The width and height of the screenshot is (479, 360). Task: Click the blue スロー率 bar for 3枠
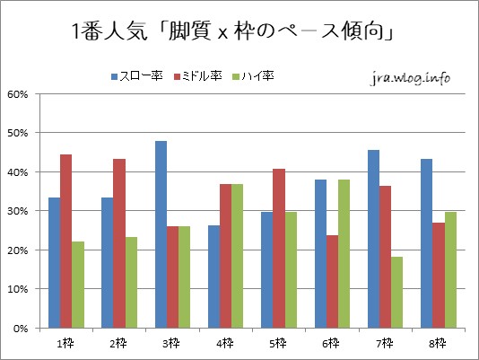pyautogui.click(x=161, y=234)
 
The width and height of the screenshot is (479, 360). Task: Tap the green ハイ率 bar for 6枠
pyautogui.click(x=344, y=253)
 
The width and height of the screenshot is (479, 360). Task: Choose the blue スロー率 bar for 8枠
pyautogui.click(x=427, y=243)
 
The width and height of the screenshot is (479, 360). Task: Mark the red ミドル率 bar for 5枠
pyautogui.click(x=279, y=248)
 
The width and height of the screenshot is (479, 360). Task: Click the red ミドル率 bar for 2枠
pyautogui.click(x=119, y=243)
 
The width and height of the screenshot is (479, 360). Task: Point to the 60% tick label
pyautogui.click(x=18, y=93)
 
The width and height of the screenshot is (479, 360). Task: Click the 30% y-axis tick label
pyautogui.click(x=18, y=211)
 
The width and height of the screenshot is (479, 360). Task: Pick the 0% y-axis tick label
pyautogui.click(x=21, y=329)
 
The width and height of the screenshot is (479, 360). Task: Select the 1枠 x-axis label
pyautogui.click(x=65, y=343)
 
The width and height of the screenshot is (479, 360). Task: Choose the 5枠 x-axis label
pyautogui.click(x=279, y=343)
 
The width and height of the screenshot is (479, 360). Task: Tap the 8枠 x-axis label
pyautogui.click(x=439, y=343)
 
